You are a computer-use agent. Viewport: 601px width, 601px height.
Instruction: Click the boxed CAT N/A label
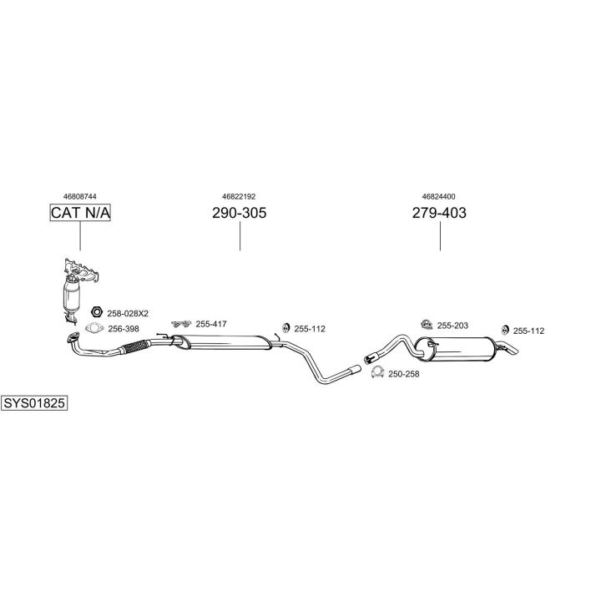click(80, 213)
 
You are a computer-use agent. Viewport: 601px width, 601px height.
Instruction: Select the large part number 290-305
click(240, 213)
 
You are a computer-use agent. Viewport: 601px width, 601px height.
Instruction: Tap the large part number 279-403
click(439, 213)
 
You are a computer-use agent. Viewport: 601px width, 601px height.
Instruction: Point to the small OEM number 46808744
click(80, 196)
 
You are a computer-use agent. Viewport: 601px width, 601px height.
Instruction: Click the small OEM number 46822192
click(240, 196)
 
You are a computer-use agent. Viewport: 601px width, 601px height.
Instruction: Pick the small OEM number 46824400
click(439, 196)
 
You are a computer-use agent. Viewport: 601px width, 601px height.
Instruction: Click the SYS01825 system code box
click(34, 403)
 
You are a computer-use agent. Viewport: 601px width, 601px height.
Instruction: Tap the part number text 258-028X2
click(128, 313)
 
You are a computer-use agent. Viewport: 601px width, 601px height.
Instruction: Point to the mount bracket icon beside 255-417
click(180, 324)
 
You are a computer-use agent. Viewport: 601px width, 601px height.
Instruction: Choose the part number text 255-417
click(211, 324)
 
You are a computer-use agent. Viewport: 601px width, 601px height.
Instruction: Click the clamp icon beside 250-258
click(377, 373)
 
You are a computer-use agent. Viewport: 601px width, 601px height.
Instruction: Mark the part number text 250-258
click(405, 374)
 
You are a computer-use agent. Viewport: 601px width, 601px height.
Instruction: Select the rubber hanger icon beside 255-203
click(425, 325)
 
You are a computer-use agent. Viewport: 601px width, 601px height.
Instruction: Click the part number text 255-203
click(453, 326)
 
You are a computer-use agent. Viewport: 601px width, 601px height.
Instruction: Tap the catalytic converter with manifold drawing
click(74, 288)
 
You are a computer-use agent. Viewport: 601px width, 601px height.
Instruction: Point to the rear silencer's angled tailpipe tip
click(508, 348)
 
